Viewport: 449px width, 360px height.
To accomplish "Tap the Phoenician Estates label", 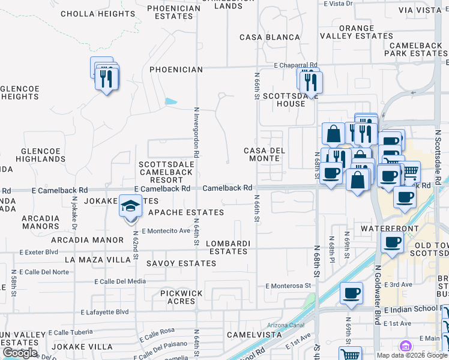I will click(x=173, y=13).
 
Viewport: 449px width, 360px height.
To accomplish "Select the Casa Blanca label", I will click(x=270, y=37).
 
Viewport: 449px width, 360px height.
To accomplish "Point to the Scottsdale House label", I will click(x=284, y=100).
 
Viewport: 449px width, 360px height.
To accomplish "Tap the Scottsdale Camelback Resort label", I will click(x=166, y=172).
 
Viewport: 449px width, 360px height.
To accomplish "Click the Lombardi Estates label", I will click(x=227, y=247).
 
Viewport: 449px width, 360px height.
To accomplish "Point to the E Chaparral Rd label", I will click(x=295, y=65).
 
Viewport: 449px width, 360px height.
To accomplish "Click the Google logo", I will click(x=20, y=353).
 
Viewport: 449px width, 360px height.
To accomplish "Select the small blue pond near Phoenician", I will click(x=171, y=101).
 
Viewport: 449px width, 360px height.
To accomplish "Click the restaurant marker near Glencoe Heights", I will click(x=106, y=79).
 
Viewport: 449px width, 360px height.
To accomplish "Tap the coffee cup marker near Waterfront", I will click(x=393, y=242).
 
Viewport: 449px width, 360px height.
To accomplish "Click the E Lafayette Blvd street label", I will click(x=105, y=312).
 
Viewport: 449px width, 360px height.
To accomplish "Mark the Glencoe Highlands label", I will click(x=43, y=155).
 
